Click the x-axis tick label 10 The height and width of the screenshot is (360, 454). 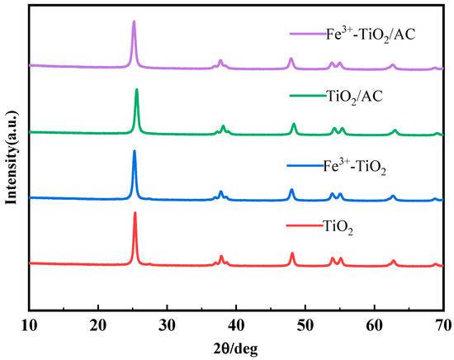point(30,323)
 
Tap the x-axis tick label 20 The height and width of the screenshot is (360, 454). point(98,323)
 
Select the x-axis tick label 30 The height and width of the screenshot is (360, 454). point(168,323)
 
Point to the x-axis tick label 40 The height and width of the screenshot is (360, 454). point(237,323)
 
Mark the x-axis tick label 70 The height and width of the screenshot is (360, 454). point(443,323)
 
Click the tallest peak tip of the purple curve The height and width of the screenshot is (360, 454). point(134,22)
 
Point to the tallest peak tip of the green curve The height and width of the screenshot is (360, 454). point(136,89)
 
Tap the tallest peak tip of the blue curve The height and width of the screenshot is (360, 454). point(135,151)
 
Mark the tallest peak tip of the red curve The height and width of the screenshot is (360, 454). point(135,213)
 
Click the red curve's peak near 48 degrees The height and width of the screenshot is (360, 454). point(292,253)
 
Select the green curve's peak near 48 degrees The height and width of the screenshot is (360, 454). point(294,124)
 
